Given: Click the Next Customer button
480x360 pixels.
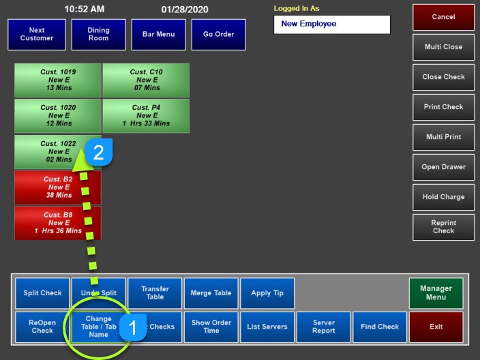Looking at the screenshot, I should [x=37, y=34].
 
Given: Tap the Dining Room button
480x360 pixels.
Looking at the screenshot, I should [x=99, y=34].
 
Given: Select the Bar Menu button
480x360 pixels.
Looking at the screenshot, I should [x=157, y=34].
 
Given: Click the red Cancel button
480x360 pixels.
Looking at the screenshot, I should [x=443, y=17].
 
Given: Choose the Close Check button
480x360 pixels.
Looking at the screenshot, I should [x=443, y=77].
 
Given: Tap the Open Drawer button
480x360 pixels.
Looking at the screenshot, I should [x=443, y=167].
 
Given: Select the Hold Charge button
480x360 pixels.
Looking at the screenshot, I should [x=443, y=197].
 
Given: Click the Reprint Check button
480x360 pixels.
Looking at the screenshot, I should [x=443, y=227].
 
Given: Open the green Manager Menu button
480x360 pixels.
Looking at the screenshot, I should [x=436, y=293].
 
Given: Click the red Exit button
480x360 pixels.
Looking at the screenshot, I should [x=436, y=327].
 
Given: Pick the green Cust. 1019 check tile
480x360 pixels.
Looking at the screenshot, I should [x=58, y=80].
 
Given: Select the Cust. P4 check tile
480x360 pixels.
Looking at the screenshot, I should [x=146, y=115].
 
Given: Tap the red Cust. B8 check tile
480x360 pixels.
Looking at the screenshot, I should [x=58, y=223].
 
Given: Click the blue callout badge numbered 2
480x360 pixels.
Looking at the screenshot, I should [x=98, y=153].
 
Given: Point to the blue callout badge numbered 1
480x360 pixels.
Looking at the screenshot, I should [x=133, y=328].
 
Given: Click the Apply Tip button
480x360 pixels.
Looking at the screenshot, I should [x=267, y=293].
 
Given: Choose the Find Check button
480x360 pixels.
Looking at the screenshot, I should [x=380, y=327].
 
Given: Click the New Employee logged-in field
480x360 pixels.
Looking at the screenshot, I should [x=331, y=24].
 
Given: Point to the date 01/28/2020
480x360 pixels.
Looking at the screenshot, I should [x=185, y=10].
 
